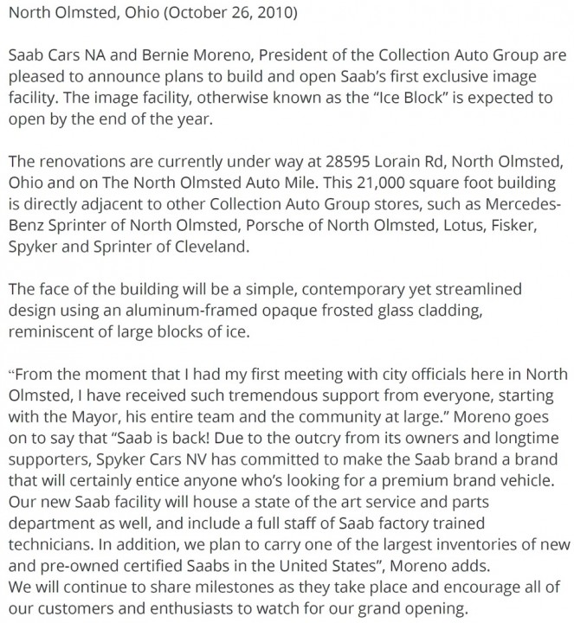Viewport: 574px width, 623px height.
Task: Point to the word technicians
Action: coord(57,543)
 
